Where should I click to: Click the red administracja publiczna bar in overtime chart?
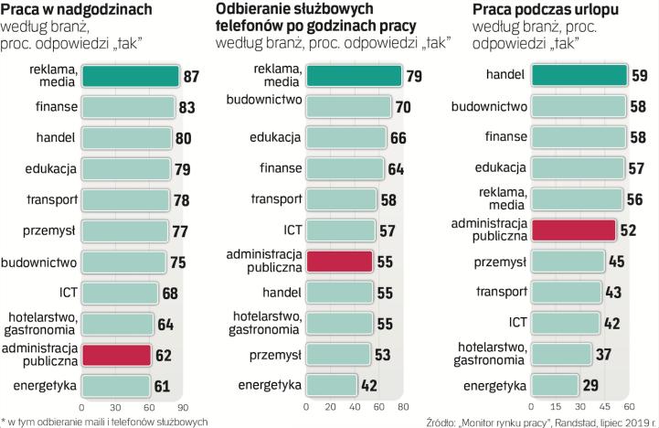click(116, 354)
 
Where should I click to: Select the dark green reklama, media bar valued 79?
click(353, 76)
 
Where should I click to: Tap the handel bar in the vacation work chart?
click(579, 76)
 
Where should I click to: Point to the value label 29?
click(590, 385)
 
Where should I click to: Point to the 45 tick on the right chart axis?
click(604, 407)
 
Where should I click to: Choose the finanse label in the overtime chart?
click(55, 107)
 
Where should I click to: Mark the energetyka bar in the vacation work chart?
click(555, 385)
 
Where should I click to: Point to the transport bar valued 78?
click(123, 199)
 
